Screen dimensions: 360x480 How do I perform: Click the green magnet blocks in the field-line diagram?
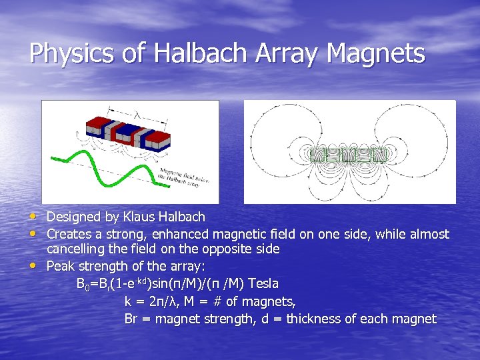tap(349, 155)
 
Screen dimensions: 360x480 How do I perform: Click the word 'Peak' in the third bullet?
tap(61, 266)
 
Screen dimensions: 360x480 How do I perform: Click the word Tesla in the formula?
tap(263, 284)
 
